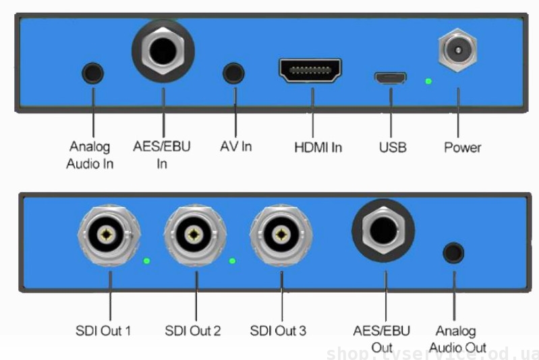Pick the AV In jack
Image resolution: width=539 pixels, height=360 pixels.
tap(233, 73)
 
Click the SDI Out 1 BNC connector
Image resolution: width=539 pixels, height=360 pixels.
tap(109, 235)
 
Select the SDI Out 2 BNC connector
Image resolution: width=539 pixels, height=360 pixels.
tap(195, 235)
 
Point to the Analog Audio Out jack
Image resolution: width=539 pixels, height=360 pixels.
tap(453, 252)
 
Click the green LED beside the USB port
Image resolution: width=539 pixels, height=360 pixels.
tap(428, 82)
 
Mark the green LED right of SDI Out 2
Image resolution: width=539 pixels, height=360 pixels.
tap(233, 260)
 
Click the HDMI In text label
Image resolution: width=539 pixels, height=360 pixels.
tap(318, 146)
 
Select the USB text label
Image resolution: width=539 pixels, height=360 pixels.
tap(393, 146)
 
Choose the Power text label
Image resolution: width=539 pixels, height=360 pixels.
tap(462, 146)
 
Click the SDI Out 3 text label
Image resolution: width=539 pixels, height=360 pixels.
tap(278, 330)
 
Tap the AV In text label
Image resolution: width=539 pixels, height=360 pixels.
tap(236, 146)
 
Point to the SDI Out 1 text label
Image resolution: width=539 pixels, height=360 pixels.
tap(103, 330)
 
